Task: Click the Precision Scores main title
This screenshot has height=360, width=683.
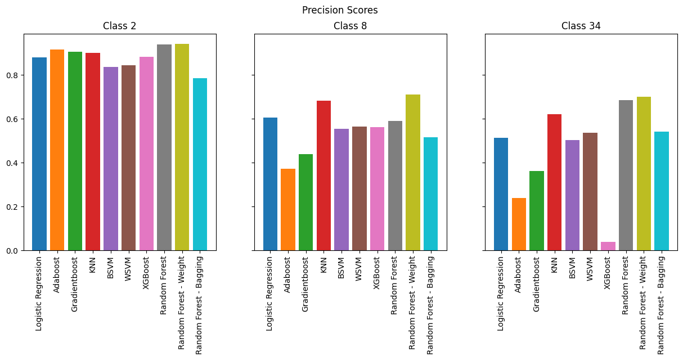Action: pos(340,10)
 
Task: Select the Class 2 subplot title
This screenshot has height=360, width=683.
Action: pos(119,26)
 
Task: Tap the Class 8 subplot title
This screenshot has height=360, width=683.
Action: pos(350,26)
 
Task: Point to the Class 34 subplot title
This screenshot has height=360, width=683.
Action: pos(581,26)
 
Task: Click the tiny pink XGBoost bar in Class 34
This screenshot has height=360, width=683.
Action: pos(608,246)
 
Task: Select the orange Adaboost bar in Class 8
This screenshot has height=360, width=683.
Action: pos(288,210)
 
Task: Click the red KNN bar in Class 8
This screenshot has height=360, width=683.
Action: pos(323,175)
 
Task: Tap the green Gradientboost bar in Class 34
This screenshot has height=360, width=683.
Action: pos(537,211)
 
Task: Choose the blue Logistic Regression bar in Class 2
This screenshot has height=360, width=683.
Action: pos(39,154)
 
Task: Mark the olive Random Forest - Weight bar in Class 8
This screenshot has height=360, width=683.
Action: pos(413,172)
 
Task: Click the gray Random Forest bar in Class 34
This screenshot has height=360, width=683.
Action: pos(626,175)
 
